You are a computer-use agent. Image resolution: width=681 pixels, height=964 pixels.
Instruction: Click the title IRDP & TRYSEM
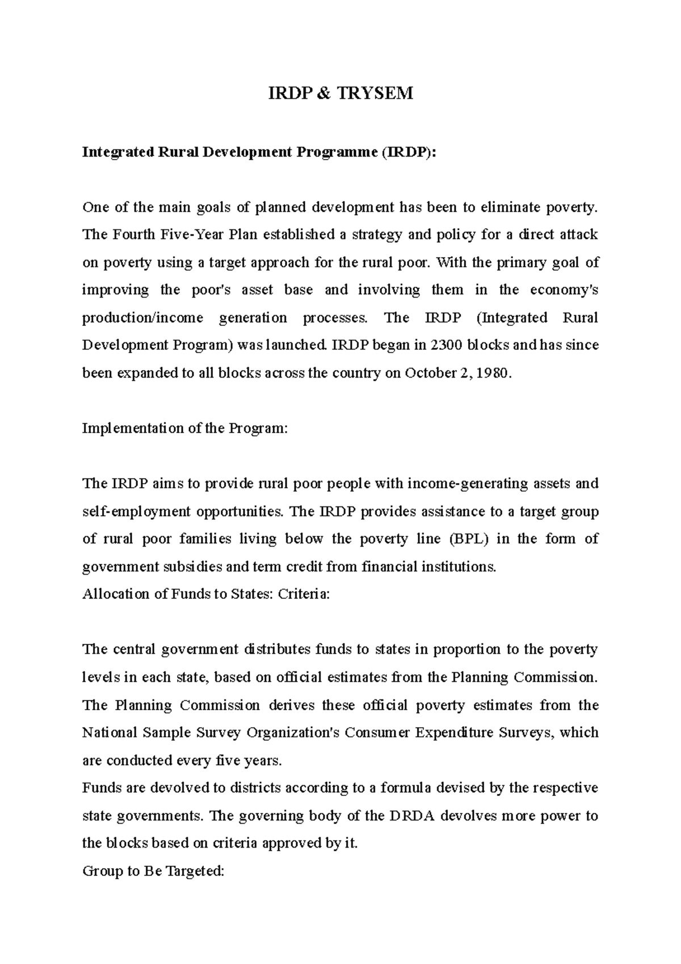[340, 93]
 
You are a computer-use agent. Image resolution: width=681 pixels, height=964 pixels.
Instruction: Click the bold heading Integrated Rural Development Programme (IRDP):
[260, 152]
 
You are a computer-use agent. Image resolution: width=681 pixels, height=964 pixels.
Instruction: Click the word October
[429, 373]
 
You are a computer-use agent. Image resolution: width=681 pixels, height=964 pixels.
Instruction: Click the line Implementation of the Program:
[185, 428]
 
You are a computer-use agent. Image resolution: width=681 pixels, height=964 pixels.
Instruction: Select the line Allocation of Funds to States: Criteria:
[205, 594]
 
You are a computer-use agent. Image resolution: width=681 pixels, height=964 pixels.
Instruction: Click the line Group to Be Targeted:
[153, 871]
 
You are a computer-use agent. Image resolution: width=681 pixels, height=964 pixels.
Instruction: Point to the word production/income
[142, 318]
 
